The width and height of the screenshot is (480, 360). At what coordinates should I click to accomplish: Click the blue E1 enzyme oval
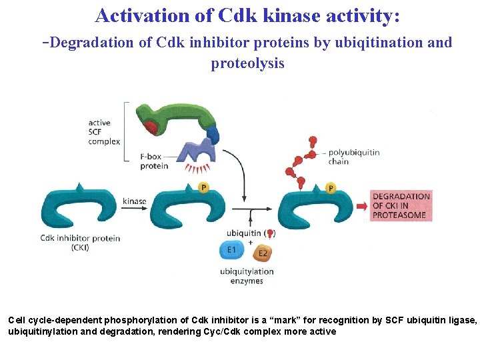231,251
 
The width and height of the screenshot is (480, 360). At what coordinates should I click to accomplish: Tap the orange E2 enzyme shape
263,253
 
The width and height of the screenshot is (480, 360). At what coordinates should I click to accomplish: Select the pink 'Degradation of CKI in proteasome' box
401,206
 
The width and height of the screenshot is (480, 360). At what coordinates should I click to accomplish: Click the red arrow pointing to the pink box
361,206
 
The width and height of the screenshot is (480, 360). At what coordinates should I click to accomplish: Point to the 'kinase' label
135,201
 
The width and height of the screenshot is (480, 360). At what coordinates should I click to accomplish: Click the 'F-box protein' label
154,161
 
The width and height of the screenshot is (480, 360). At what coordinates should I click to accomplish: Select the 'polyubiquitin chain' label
354,157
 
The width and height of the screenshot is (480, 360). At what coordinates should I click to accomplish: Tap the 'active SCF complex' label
104,132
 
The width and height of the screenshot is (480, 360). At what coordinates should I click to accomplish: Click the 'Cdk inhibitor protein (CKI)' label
80,243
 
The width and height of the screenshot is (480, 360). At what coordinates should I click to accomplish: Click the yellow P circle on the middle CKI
205,188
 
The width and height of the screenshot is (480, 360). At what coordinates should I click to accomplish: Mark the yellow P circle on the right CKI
331,189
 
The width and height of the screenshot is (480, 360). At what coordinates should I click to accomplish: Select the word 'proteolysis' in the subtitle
247,63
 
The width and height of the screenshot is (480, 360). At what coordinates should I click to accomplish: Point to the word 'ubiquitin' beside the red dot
243,233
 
